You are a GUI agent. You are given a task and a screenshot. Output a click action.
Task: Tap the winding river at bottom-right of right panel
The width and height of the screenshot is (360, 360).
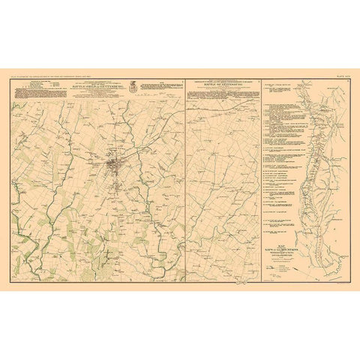click(x=330, y=259)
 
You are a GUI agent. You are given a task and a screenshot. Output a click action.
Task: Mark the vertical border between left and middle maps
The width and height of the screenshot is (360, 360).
click(x=184, y=180)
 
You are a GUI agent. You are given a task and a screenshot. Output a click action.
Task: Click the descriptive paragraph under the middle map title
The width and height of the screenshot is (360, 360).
click(x=223, y=94)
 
